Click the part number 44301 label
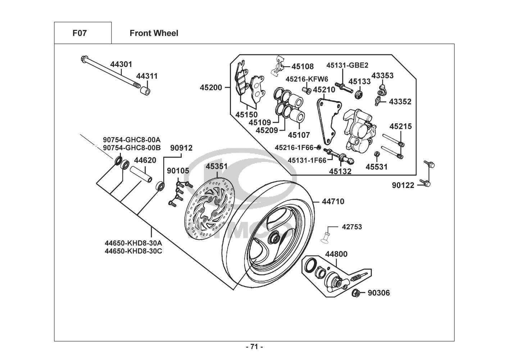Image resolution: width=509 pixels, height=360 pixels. (x=121, y=64)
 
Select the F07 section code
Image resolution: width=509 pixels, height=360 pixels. (x=79, y=33)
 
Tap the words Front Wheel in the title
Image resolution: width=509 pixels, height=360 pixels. (x=154, y=33)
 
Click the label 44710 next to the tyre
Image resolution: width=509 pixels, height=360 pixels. (x=333, y=202)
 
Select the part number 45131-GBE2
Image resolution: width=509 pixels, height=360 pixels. (x=347, y=65)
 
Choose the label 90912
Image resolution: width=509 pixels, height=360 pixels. (x=181, y=148)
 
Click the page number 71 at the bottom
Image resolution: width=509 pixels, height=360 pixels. (x=254, y=347)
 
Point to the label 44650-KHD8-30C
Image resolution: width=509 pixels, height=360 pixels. (x=133, y=251)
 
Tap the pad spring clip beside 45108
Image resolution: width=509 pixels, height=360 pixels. (x=280, y=67)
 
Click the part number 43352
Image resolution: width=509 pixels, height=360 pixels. (x=400, y=102)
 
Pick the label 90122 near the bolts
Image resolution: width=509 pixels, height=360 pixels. (x=403, y=185)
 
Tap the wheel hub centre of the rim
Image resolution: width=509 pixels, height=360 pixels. (x=274, y=238)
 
